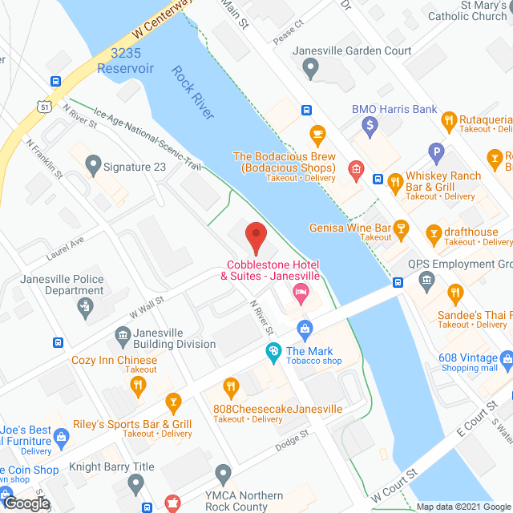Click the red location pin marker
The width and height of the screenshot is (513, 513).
click(255, 236)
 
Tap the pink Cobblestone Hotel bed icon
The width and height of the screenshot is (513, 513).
click(301, 290)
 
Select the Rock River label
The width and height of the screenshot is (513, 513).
click(192, 94)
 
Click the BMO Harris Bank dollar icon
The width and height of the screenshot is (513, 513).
click(370, 125)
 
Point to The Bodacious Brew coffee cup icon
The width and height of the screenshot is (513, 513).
click(317, 133)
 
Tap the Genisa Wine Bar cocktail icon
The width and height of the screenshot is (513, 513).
click(402, 232)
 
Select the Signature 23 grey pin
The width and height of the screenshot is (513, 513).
click(93, 167)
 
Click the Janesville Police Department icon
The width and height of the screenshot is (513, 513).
click(84, 305)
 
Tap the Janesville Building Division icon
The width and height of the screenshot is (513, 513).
click(123, 333)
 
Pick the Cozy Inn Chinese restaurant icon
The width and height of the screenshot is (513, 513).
click(138, 386)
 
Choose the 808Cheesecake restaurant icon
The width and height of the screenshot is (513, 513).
click(232, 387)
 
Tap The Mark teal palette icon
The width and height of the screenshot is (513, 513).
click(273, 351)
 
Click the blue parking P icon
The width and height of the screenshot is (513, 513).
click(436, 150)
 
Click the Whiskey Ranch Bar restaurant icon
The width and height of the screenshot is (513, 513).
click(394, 182)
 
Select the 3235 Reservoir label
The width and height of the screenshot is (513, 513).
click(125, 61)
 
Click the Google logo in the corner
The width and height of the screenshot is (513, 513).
click(26, 503)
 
